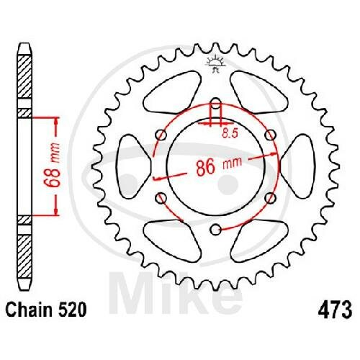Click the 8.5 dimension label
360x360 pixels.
(x=230, y=133)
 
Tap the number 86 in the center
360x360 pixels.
(x=205, y=167)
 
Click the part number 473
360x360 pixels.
(x=335, y=310)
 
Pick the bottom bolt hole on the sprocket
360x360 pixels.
(x=216, y=230)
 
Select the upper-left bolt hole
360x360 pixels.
(x=161, y=135)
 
